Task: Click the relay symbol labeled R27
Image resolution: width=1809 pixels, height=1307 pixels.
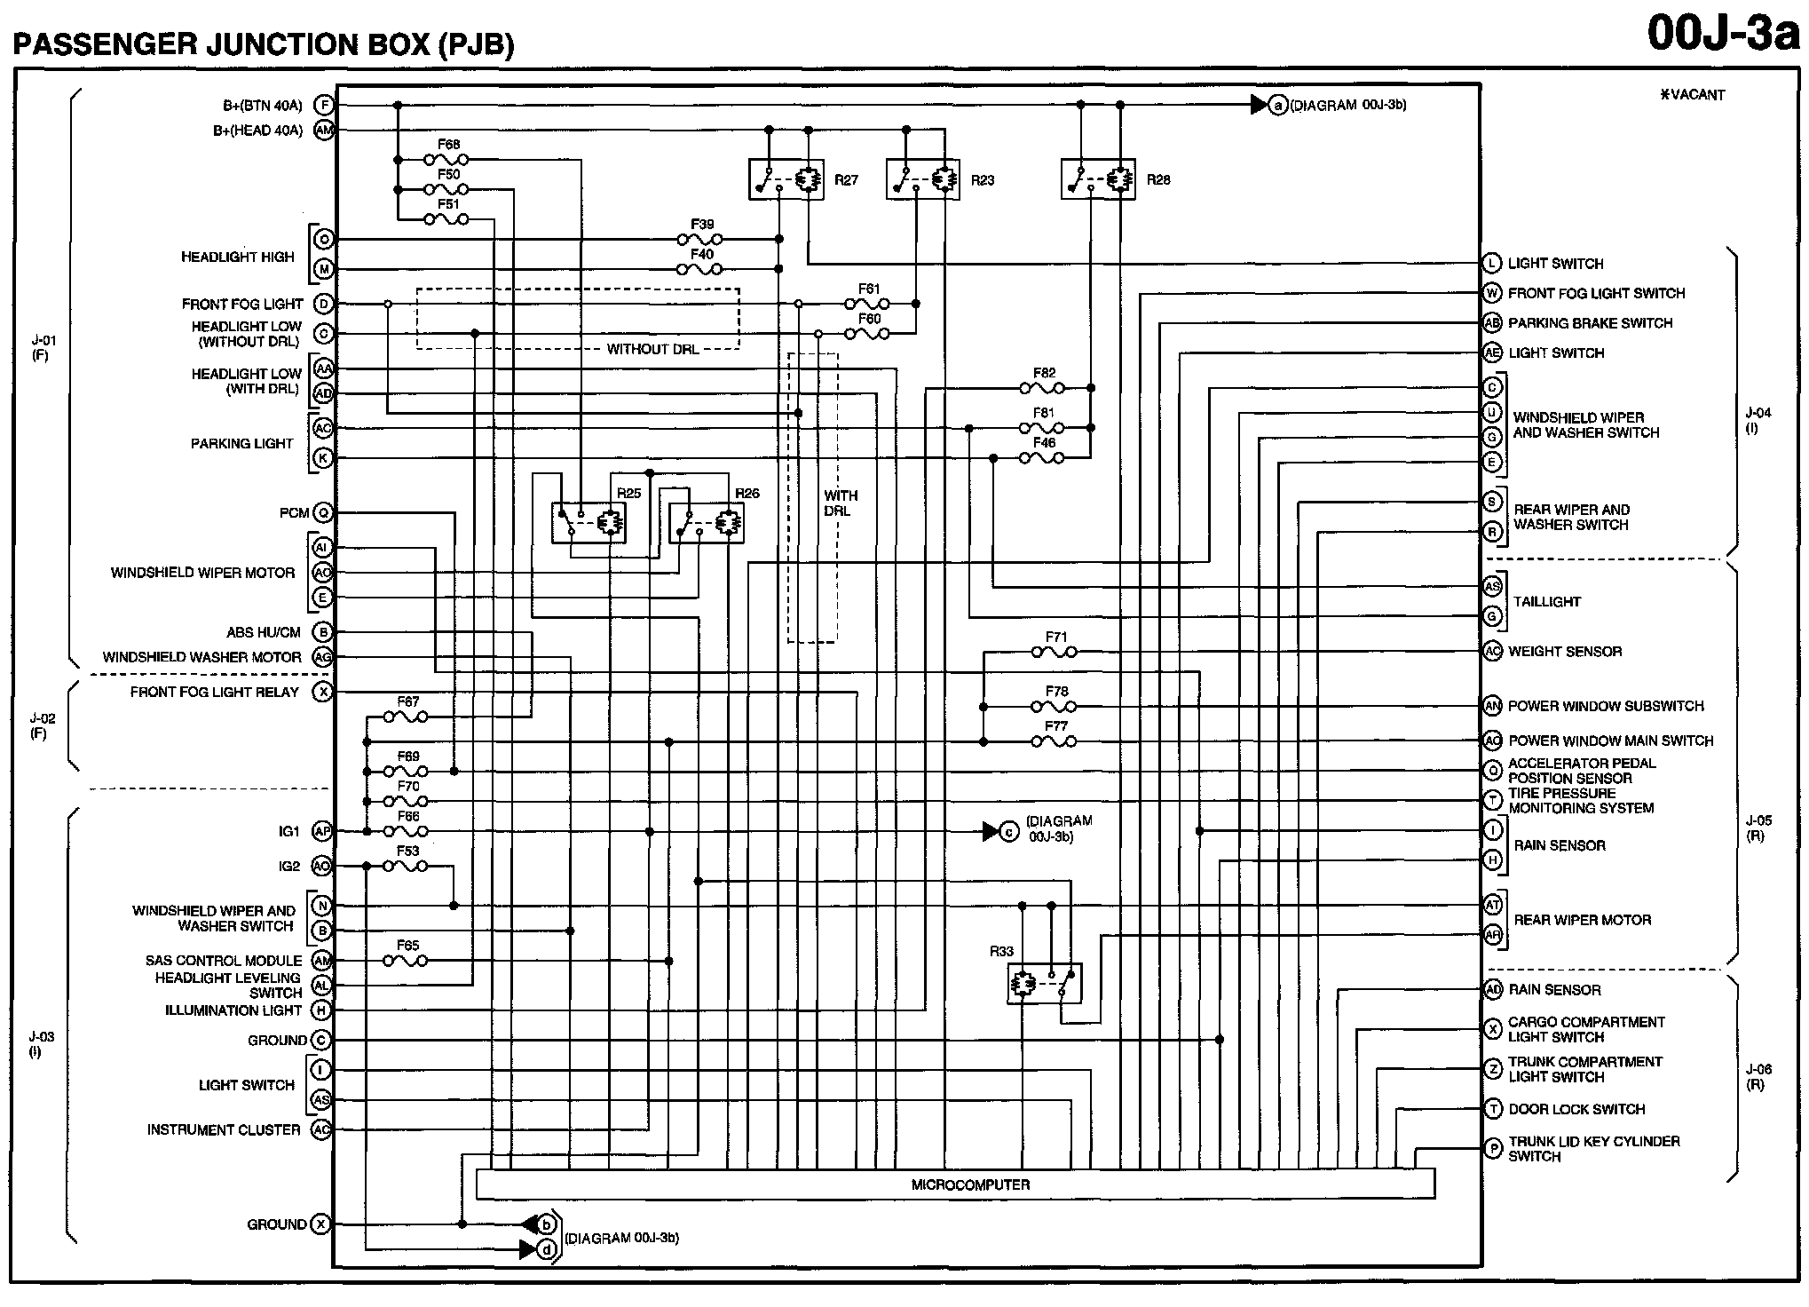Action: [x=786, y=180]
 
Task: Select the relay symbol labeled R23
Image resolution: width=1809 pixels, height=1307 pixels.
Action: [x=922, y=180]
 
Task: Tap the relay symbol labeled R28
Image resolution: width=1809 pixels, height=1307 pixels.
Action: [x=1097, y=180]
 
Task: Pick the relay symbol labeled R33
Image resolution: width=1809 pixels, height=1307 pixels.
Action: [x=1044, y=984]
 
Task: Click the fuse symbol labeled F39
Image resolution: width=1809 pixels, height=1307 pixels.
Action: [x=699, y=240]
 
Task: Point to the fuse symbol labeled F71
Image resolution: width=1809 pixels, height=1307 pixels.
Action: [x=1054, y=653]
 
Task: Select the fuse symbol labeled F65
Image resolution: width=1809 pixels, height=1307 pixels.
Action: [x=406, y=961]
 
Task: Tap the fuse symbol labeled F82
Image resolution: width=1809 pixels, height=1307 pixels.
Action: [x=1042, y=388]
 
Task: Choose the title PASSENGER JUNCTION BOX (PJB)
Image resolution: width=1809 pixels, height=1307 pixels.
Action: [x=263, y=44]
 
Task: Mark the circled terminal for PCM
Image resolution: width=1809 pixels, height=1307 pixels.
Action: [x=323, y=513]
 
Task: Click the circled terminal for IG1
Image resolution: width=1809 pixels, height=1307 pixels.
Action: [x=322, y=832]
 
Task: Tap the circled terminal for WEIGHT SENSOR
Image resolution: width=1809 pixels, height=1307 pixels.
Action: [x=1492, y=652]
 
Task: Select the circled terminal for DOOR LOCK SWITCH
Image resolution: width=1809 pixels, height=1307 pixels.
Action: [x=1493, y=1109]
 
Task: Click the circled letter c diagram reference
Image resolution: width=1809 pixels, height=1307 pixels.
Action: [x=1008, y=832]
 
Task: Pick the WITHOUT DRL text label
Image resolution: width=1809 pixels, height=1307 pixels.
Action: [x=652, y=349]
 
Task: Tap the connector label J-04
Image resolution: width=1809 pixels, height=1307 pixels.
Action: [x=1758, y=420]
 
